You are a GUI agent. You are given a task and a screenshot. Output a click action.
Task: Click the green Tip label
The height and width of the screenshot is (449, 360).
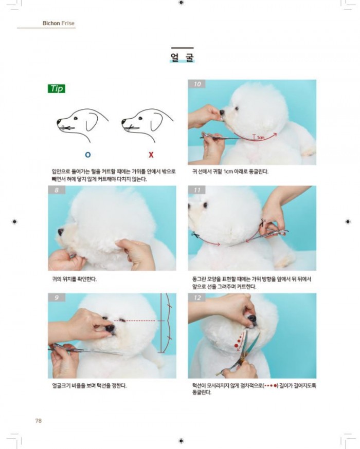[x=57, y=88]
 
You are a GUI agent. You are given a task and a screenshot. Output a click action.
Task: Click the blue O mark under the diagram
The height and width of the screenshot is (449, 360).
[x=88, y=155]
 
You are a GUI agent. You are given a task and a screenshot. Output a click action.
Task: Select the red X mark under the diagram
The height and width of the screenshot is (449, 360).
[x=151, y=155]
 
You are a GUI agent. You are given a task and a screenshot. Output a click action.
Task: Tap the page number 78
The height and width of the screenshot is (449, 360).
[x=39, y=420]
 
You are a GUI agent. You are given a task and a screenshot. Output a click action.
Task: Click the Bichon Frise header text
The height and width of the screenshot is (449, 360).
[x=59, y=23]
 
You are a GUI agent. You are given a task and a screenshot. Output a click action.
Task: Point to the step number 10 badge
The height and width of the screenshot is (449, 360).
[x=197, y=84]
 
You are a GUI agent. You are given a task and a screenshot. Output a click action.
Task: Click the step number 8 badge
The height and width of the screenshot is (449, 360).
[x=57, y=190]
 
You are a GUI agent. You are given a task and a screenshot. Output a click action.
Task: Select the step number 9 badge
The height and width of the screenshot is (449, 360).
[x=57, y=297]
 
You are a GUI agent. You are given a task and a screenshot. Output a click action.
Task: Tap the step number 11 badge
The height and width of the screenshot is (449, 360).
[x=197, y=190]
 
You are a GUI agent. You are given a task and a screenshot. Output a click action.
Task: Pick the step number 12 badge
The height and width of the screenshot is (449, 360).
[x=197, y=297]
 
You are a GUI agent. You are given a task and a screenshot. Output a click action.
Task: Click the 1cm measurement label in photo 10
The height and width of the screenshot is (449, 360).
[x=261, y=138]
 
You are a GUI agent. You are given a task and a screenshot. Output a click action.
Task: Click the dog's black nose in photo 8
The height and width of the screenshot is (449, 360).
[x=61, y=232]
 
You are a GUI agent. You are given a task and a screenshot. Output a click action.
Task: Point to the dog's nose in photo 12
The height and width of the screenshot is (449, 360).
[x=252, y=319]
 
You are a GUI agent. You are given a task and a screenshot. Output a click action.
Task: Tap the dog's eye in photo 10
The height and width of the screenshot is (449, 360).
[x=237, y=108]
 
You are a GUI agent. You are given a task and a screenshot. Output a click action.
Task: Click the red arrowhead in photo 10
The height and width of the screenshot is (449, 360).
[x=275, y=134]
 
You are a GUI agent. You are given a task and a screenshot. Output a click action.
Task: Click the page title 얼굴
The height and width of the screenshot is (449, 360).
[x=182, y=57]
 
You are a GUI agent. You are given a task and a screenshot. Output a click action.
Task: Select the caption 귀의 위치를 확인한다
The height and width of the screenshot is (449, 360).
[x=74, y=279]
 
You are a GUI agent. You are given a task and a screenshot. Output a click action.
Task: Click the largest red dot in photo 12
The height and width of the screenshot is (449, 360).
[x=236, y=346]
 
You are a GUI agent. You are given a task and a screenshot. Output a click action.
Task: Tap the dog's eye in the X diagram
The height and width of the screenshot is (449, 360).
[x=140, y=118]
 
